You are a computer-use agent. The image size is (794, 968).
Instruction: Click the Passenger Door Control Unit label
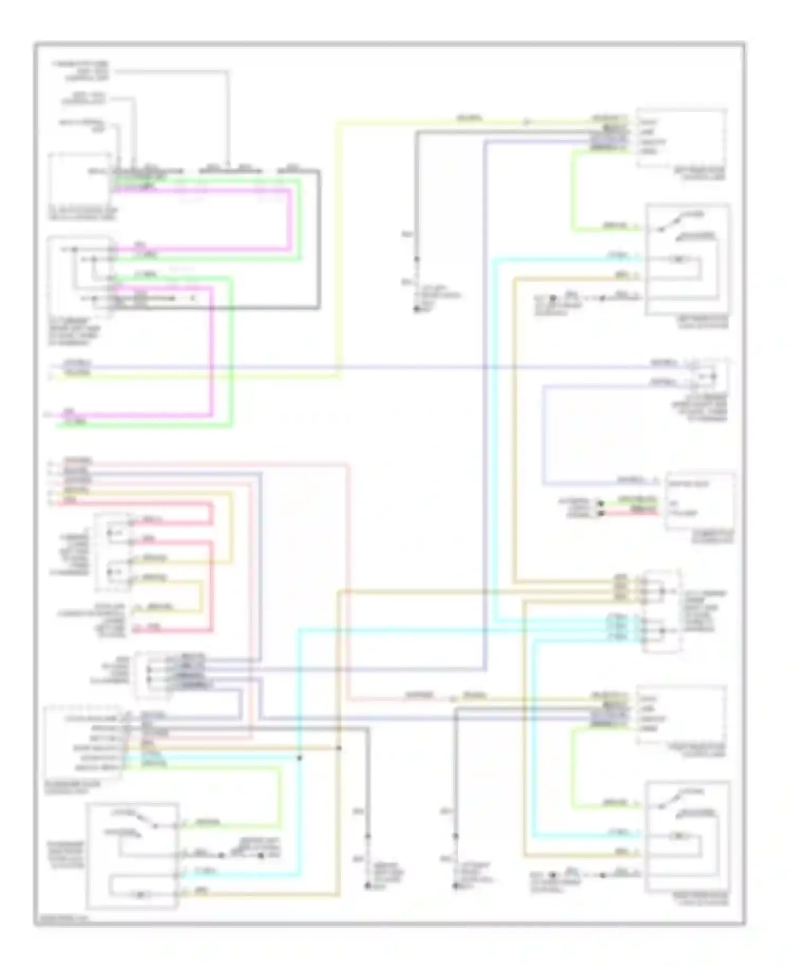pyautogui.click(x=74, y=785)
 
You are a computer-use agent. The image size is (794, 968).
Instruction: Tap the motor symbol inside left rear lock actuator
pyautogui.click(x=676, y=259)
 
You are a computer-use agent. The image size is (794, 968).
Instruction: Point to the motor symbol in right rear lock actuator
pyautogui.click(x=676, y=837)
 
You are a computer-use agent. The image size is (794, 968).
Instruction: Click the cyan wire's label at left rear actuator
pyautogui.click(x=617, y=256)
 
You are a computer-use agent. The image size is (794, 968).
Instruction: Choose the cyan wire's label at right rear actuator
pyautogui.click(x=617, y=833)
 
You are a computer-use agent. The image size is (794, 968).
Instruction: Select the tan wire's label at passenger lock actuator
pyautogui.click(x=201, y=891)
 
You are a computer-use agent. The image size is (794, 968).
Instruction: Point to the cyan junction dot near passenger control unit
pyautogui.click(x=299, y=758)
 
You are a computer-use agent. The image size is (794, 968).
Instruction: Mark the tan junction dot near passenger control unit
pyautogui.click(x=339, y=748)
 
